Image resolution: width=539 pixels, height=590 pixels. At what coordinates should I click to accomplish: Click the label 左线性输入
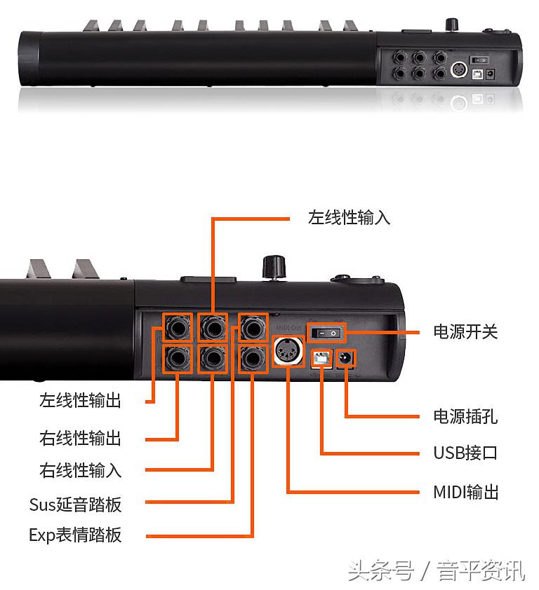click(x=349, y=217)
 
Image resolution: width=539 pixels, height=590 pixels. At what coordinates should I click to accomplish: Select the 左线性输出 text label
click(x=80, y=401)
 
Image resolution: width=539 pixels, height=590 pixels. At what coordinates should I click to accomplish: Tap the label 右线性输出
click(x=80, y=439)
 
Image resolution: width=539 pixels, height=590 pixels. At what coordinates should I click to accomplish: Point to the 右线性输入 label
click(x=80, y=470)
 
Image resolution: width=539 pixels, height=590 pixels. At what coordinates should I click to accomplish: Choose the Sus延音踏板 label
click(x=75, y=504)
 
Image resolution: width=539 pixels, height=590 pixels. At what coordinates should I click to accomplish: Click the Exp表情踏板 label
click(x=75, y=535)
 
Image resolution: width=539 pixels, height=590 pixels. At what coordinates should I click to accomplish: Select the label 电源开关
click(x=465, y=331)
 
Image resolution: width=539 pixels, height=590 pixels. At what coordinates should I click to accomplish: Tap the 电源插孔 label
click(x=465, y=417)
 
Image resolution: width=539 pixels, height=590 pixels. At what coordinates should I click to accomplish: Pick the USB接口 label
click(x=465, y=453)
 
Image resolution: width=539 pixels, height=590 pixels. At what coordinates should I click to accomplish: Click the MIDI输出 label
click(x=465, y=492)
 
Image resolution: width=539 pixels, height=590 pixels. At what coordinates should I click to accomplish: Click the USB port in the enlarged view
click(x=321, y=359)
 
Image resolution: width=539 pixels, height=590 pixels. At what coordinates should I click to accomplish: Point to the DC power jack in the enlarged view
click(x=346, y=359)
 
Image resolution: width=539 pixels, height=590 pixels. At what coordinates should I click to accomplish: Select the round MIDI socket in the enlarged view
click(x=287, y=351)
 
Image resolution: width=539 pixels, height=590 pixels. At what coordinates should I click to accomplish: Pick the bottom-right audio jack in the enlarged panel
click(x=252, y=359)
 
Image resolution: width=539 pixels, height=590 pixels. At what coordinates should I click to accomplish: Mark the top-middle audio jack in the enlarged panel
click(x=213, y=327)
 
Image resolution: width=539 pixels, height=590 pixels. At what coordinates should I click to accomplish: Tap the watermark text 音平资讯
click(x=481, y=571)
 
